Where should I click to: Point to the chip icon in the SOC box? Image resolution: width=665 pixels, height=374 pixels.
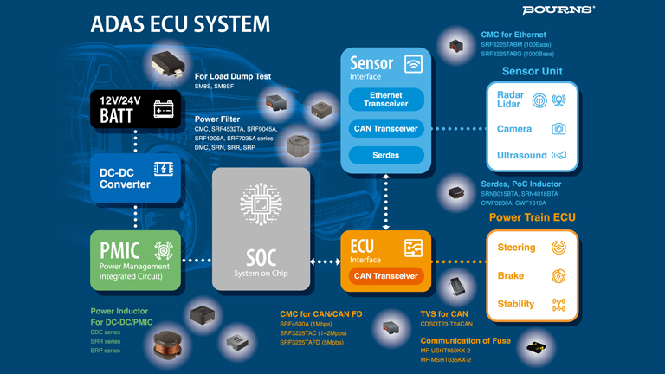261,205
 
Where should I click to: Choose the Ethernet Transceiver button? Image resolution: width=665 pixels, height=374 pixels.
385,100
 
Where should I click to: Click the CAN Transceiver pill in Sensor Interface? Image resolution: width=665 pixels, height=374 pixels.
385,128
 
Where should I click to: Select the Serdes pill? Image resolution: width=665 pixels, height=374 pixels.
385,155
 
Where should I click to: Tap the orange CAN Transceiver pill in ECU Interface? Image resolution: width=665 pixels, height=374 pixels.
385,275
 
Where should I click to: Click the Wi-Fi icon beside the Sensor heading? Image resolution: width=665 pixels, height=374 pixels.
413,64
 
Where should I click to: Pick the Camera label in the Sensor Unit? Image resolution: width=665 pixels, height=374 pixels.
514,129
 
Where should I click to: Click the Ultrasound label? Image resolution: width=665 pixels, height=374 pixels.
521,156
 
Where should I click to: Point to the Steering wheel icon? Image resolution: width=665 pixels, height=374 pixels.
558,248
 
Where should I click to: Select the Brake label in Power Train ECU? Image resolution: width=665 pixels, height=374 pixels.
511,276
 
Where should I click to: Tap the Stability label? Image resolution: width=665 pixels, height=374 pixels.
516,304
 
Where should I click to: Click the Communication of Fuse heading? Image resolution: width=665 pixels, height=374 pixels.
465,340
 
